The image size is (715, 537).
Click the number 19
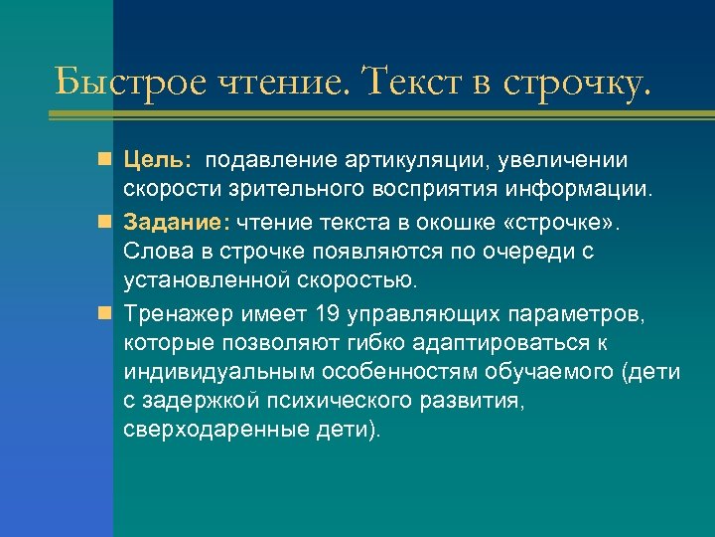click(x=327, y=315)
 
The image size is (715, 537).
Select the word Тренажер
click(x=178, y=315)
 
